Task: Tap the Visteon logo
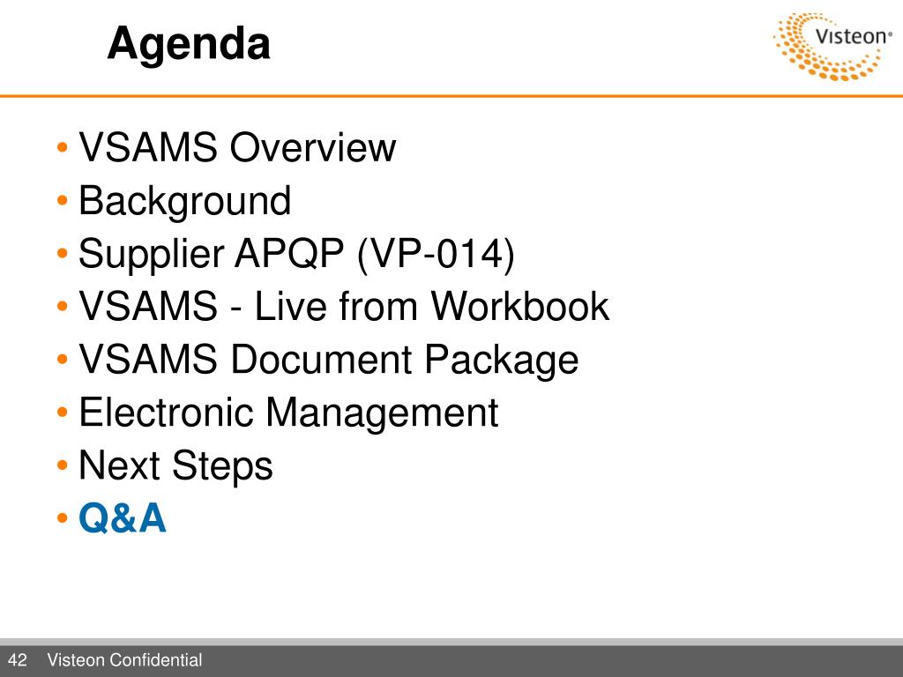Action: point(832,46)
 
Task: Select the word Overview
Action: point(313,147)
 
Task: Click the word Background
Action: point(184,202)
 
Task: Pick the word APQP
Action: point(289,254)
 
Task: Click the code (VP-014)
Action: point(436,255)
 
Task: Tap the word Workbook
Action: point(519,306)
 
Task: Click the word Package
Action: point(501,361)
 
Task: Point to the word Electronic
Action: point(167,413)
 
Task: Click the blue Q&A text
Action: point(122,518)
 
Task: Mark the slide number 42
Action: point(18,659)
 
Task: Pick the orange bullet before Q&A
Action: point(63,518)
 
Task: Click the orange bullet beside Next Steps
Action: point(63,465)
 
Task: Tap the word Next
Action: point(119,465)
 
